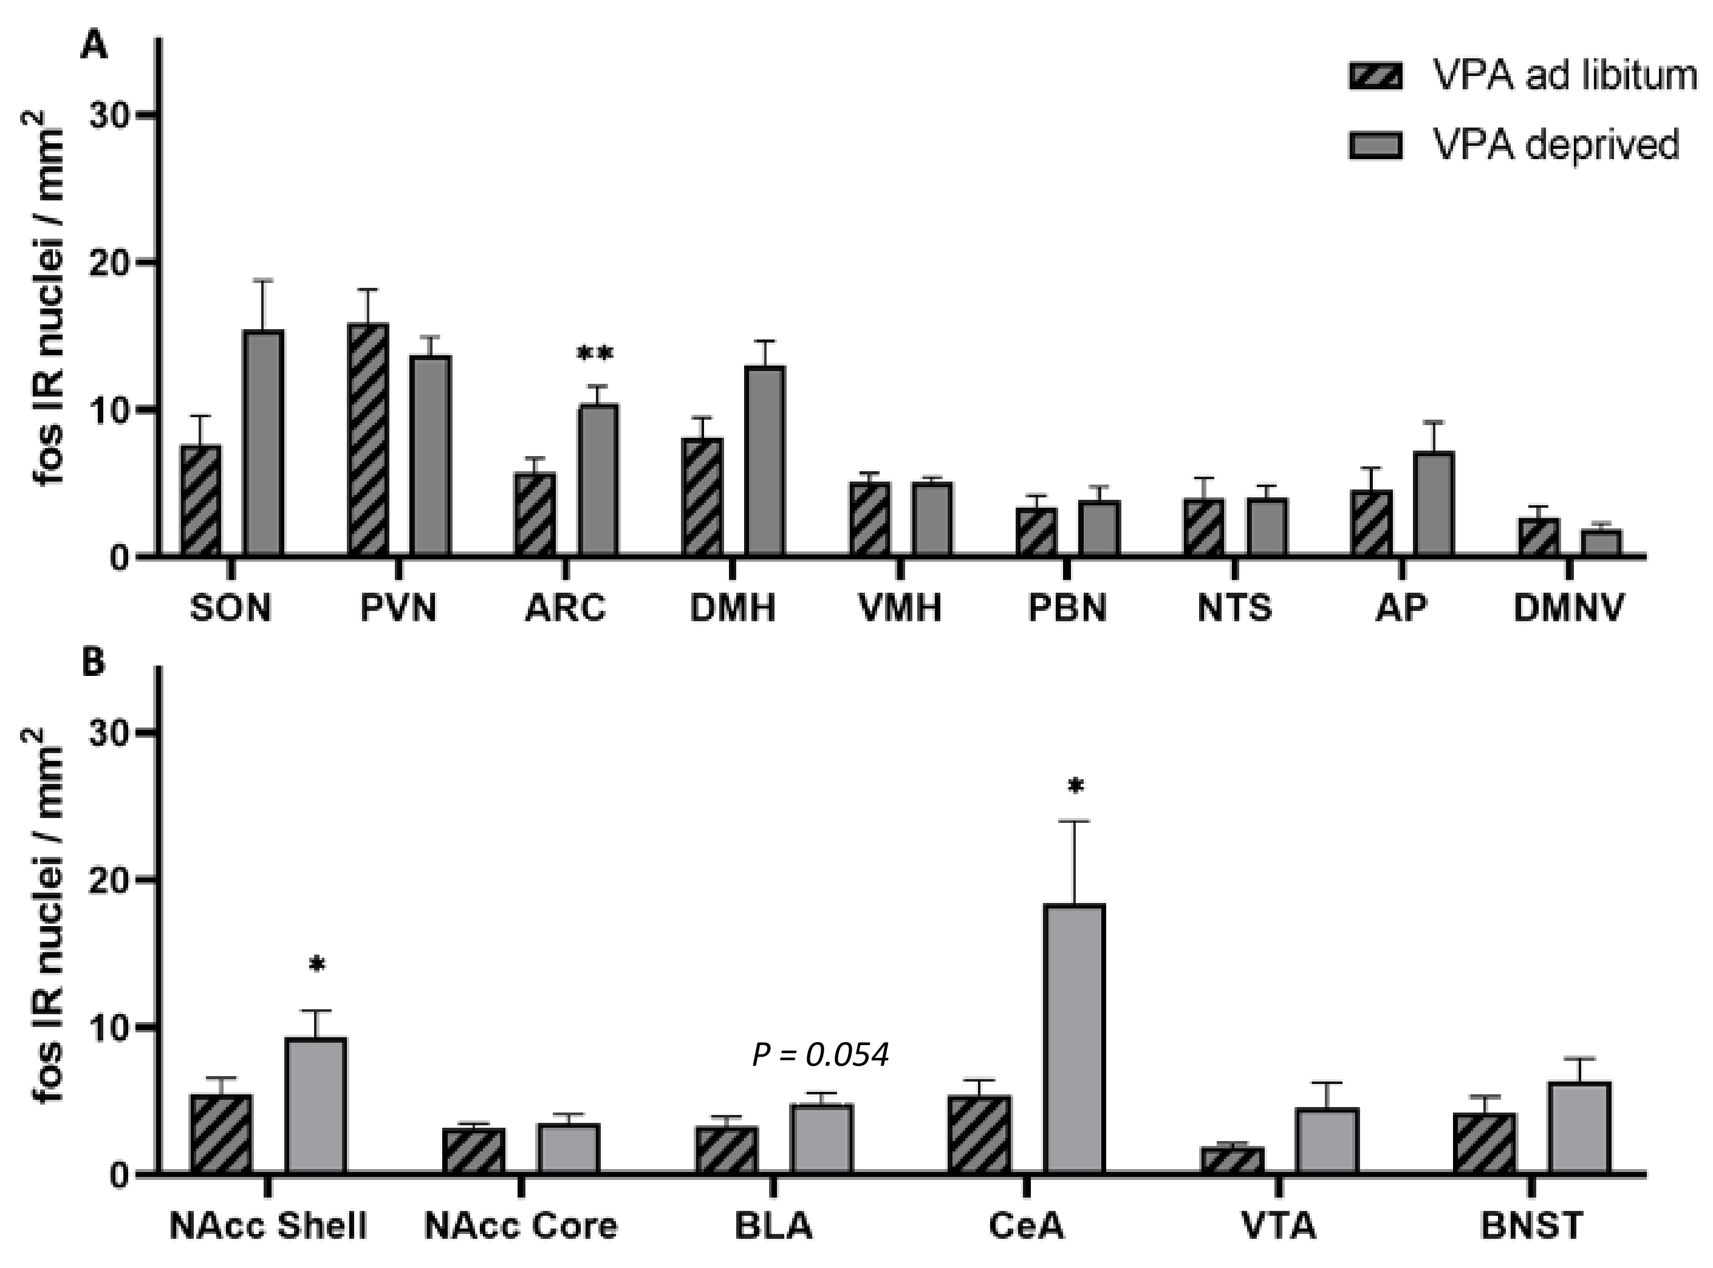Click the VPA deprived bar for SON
pos(264,443)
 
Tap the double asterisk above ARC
pos(595,355)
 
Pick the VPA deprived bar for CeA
pos(1074,1038)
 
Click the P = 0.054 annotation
pos(820,1055)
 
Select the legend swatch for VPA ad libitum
pos(1375,76)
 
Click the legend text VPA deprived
pos(1556,143)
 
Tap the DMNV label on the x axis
pos(1568,608)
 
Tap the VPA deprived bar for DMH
pos(765,460)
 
